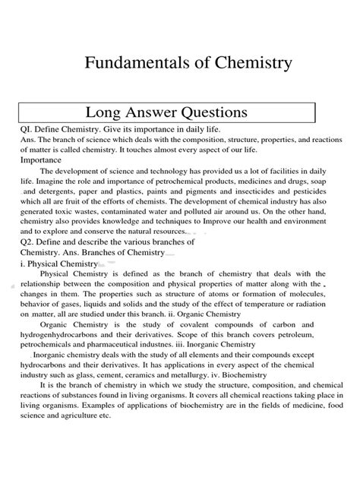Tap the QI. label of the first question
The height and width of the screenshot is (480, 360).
[x=29, y=130]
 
